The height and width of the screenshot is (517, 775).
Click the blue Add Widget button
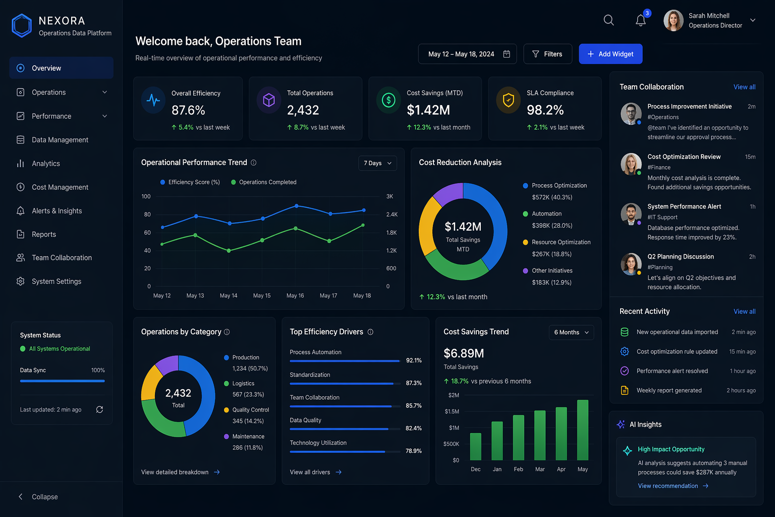[x=611, y=54]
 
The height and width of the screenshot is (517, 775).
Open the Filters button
[x=547, y=54]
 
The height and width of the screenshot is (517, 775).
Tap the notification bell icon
[x=640, y=20]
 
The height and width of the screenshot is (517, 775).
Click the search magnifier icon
[x=608, y=20]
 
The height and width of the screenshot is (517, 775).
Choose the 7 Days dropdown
[x=377, y=163]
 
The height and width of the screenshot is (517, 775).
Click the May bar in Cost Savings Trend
[x=583, y=430]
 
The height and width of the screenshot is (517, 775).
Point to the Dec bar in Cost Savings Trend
[x=476, y=446]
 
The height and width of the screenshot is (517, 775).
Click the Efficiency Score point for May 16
[x=296, y=205]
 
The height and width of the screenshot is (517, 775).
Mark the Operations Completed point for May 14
[x=229, y=251]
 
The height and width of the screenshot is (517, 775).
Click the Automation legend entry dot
[x=525, y=214]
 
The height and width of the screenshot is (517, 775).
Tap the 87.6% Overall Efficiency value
[x=188, y=110]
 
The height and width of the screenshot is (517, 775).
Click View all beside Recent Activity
[x=744, y=312]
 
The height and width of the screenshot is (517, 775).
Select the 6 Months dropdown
[x=571, y=332]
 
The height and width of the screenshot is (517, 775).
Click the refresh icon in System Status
[x=99, y=409]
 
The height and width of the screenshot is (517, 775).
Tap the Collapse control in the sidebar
[x=38, y=497]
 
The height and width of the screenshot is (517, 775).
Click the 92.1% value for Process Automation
[x=414, y=360]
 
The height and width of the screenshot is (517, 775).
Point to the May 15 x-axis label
[x=262, y=295]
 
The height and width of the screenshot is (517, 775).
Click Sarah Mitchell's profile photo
[x=673, y=20]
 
